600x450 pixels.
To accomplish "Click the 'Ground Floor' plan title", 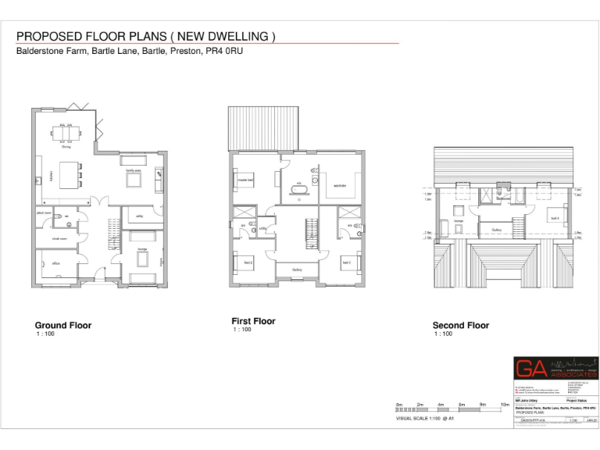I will point(62,325).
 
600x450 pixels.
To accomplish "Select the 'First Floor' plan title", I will point(253,321).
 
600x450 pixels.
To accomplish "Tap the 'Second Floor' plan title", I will point(461,325).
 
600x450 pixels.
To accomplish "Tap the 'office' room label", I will point(56,263).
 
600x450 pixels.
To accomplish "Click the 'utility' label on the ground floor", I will point(138,216).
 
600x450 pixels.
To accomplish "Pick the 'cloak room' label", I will point(58,239).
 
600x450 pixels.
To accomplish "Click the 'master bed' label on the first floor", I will point(247,179).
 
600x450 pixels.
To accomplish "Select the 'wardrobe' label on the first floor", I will point(339,185).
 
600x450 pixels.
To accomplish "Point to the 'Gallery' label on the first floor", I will point(297,270).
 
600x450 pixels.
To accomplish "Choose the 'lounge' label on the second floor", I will point(459,221).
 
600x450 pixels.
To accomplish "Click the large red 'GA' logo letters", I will point(530,370).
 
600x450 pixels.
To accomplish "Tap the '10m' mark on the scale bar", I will point(504,405).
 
